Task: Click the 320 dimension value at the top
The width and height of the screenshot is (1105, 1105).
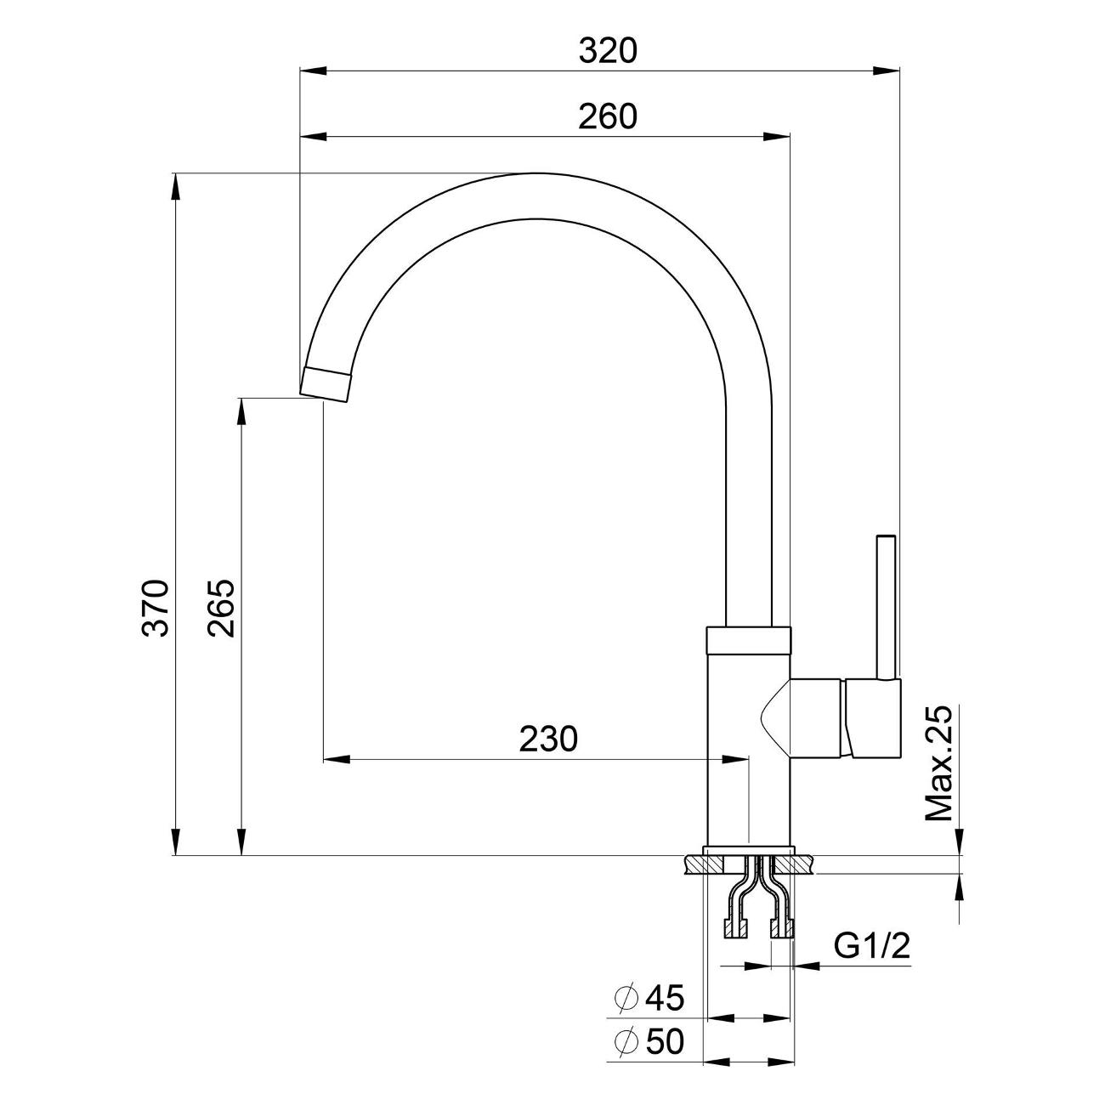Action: click(607, 52)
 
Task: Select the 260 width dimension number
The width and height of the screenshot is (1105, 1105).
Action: click(607, 116)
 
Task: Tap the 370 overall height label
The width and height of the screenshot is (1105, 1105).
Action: click(156, 609)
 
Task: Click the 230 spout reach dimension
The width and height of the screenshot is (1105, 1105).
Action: click(548, 739)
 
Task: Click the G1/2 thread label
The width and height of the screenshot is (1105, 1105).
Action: click(871, 945)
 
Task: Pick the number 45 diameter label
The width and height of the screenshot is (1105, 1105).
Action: click(664, 998)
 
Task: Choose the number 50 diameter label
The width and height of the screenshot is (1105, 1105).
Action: click(664, 1041)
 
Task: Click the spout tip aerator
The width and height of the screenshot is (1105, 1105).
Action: click(326, 383)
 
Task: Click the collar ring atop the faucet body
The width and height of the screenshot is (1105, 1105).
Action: click(748, 639)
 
